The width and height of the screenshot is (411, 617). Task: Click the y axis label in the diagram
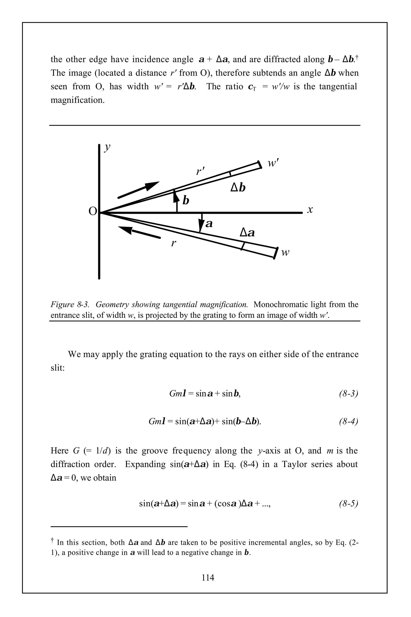[107, 147]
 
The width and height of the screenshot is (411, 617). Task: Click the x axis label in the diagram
[310, 210]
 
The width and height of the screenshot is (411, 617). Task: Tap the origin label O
[93, 211]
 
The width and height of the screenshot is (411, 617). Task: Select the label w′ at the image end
[273, 163]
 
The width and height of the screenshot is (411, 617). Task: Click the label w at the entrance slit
[285, 253]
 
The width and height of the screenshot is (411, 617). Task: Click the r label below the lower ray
[173, 243]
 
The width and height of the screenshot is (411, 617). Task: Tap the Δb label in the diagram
[238, 188]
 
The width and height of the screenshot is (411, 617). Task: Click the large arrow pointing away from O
[139, 189]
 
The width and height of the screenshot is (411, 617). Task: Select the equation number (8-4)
[348, 421]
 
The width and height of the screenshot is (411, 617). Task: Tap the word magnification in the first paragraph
[77, 100]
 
